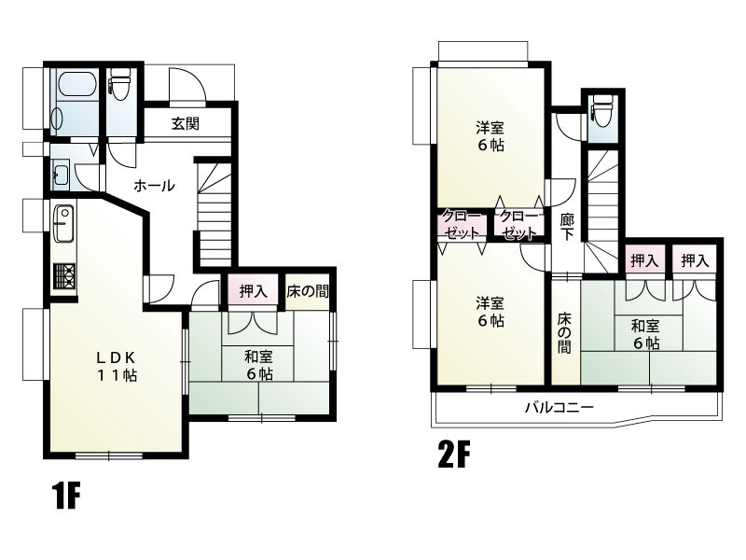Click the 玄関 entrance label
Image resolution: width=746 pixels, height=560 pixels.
point(186,124)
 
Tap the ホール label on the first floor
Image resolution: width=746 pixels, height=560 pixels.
point(154,185)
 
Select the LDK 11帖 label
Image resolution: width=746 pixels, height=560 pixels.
point(117,366)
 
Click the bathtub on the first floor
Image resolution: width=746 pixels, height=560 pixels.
point(76,84)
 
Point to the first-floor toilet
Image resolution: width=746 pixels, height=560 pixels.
point(119,84)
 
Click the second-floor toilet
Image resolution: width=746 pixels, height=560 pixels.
point(601,111)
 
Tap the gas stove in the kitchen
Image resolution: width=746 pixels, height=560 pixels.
point(64,276)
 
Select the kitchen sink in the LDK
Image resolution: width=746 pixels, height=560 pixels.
point(63,223)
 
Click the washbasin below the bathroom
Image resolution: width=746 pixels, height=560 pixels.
point(61,175)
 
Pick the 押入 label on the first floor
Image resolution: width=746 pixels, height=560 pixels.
point(253,291)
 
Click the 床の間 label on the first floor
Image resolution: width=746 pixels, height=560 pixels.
point(308,291)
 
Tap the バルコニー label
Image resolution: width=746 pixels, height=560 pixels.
point(559,408)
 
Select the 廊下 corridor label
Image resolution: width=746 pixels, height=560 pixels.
point(566,228)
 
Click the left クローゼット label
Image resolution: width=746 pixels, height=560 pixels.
point(462,224)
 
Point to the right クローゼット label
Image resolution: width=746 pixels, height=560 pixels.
point(518,224)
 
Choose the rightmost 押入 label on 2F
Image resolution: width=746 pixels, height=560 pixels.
point(695,260)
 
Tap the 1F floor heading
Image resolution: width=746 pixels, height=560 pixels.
point(65,496)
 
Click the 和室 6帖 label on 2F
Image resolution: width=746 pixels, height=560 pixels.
point(645,334)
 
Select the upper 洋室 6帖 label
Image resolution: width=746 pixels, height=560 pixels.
point(490,136)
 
